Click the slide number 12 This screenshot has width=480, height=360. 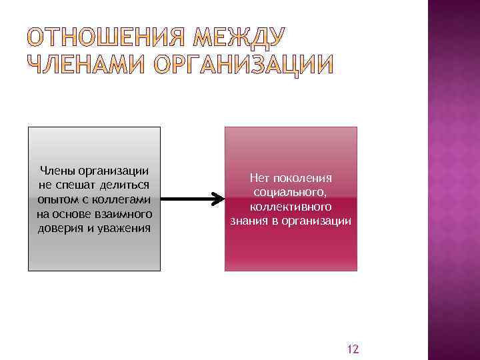(x=353, y=349)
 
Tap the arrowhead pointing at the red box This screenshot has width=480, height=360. (x=217, y=199)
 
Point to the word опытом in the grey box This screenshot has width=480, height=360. (x=55, y=200)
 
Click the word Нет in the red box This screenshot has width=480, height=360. (x=259, y=178)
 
